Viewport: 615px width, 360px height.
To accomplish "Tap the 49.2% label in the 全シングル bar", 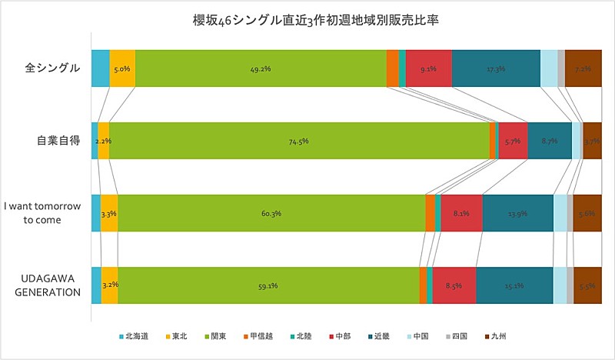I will pyautogui.click(x=260, y=68).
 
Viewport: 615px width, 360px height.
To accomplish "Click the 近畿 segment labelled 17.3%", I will pyautogui.click(x=496, y=68).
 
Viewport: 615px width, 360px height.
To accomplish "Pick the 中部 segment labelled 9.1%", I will pyautogui.click(x=428, y=68).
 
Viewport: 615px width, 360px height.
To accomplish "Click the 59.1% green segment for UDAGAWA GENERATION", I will pyautogui.click(x=268, y=285).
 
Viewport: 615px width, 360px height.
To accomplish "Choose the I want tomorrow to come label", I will pyautogui.click(x=43, y=213).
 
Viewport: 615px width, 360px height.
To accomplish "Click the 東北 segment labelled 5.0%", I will pyautogui.click(x=122, y=68).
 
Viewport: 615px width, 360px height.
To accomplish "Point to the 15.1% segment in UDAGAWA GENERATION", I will pyautogui.click(x=514, y=285).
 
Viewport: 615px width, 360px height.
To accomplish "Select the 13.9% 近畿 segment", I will pyautogui.click(x=517, y=213).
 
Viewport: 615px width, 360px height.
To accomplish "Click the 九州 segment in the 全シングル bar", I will pyautogui.click(x=583, y=68).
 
